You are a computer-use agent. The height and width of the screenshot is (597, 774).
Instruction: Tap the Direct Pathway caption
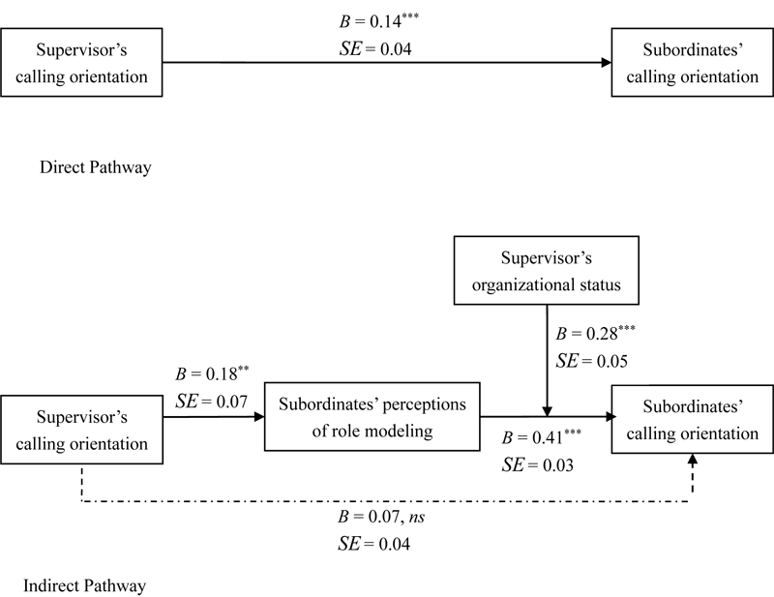pos(95,167)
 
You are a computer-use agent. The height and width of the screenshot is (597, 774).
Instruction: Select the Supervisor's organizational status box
pos(548,272)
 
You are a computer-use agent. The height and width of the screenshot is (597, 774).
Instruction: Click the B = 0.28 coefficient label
pos(595,334)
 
